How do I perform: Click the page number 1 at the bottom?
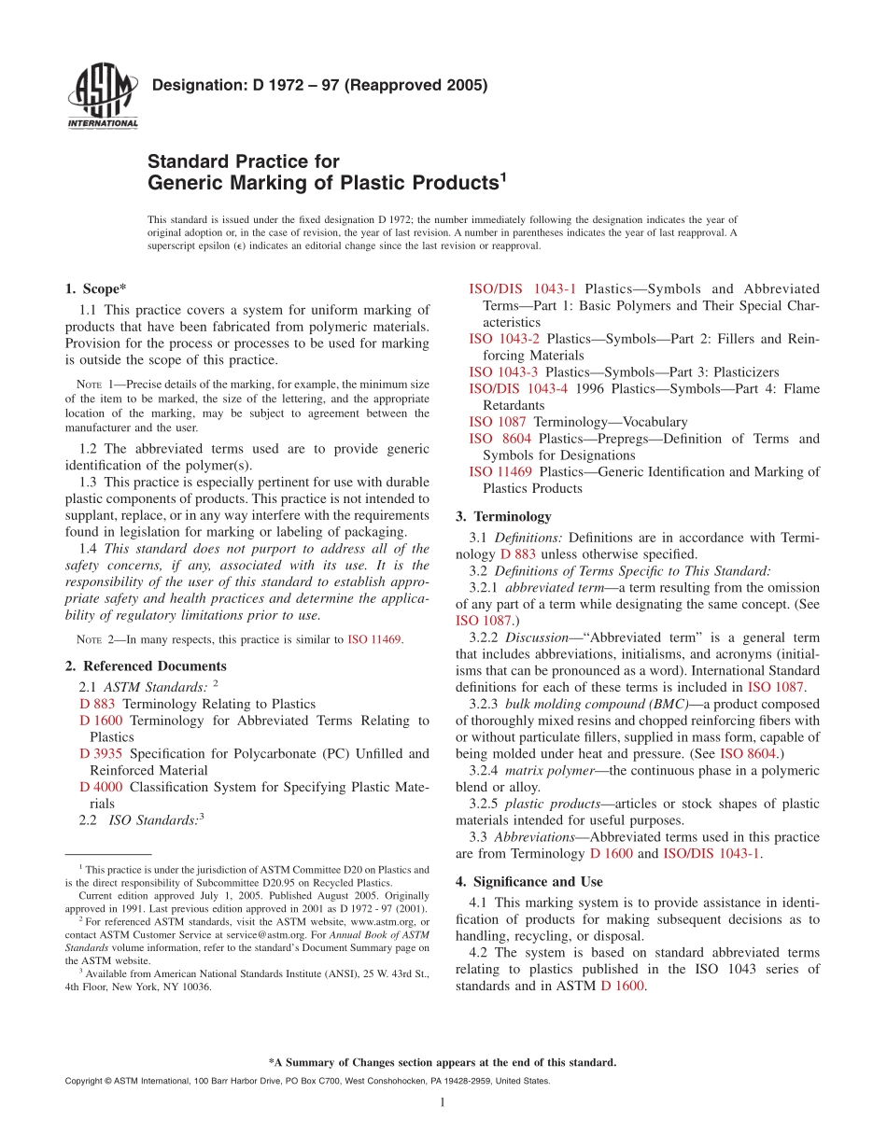(443, 1103)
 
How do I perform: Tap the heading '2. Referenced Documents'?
(146, 666)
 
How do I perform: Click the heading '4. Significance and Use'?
(528, 881)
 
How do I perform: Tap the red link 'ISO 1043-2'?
(503, 339)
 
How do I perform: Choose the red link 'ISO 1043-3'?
(503, 372)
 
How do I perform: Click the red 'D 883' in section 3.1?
(518, 554)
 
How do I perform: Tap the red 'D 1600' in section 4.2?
(622, 987)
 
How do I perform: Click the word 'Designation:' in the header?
(198, 86)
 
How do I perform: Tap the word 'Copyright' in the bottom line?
(85, 1080)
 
